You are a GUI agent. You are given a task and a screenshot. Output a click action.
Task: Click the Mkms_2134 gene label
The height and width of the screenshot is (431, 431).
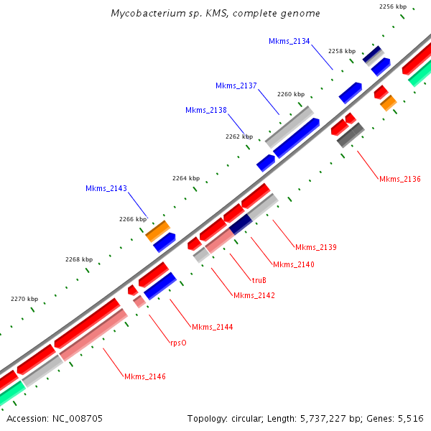[289, 42]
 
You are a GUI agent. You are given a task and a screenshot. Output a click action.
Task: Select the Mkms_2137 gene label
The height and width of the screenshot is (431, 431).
[236, 85]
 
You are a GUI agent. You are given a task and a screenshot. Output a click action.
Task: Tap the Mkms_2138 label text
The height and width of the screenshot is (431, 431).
[206, 110]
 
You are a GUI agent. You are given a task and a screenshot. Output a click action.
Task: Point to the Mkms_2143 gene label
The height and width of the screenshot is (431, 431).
[106, 188]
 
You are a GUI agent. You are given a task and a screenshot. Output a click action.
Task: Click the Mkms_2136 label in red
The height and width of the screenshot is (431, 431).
[400, 179]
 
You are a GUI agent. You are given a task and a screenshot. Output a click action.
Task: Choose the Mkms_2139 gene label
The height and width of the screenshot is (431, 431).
[316, 247]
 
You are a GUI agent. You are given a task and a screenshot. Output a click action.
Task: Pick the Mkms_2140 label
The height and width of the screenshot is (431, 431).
[294, 264]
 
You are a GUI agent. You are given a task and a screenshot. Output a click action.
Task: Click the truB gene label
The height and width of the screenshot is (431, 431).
[259, 280]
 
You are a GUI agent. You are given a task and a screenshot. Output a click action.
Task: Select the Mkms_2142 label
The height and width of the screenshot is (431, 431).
[254, 295]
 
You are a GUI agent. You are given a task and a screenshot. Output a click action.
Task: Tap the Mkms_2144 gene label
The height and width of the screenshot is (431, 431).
[212, 327]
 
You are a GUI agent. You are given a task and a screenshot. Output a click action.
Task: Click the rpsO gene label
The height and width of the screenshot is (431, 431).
[178, 343]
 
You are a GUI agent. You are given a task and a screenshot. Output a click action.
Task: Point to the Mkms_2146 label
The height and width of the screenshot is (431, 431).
[145, 376]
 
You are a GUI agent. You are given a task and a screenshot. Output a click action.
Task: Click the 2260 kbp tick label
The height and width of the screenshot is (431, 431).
[291, 94]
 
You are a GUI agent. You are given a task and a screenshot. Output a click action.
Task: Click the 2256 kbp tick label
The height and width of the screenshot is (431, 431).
[393, 6]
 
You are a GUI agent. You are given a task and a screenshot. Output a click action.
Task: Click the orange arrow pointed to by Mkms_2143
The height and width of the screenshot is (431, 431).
[157, 231]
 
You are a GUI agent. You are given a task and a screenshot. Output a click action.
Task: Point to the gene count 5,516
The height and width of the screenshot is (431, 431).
[410, 418]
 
